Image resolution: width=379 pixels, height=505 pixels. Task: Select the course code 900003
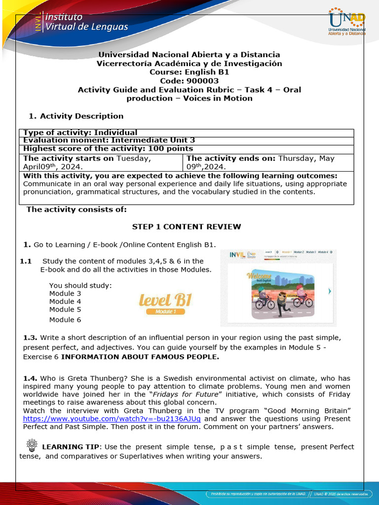(x=189, y=81)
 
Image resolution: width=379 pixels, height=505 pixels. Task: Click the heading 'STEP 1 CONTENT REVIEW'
(x=187, y=227)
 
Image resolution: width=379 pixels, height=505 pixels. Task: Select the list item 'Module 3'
(x=65, y=293)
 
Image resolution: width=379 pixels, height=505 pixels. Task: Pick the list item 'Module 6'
(x=65, y=320)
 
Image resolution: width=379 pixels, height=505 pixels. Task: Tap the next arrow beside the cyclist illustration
(x=330, y=291)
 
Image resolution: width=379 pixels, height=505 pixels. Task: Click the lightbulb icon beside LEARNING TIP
(x=32, y=445)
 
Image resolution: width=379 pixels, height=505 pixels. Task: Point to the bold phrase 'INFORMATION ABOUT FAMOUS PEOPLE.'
(x=140, y=357)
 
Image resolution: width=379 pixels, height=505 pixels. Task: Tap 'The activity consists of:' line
(x=76, y=209)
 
